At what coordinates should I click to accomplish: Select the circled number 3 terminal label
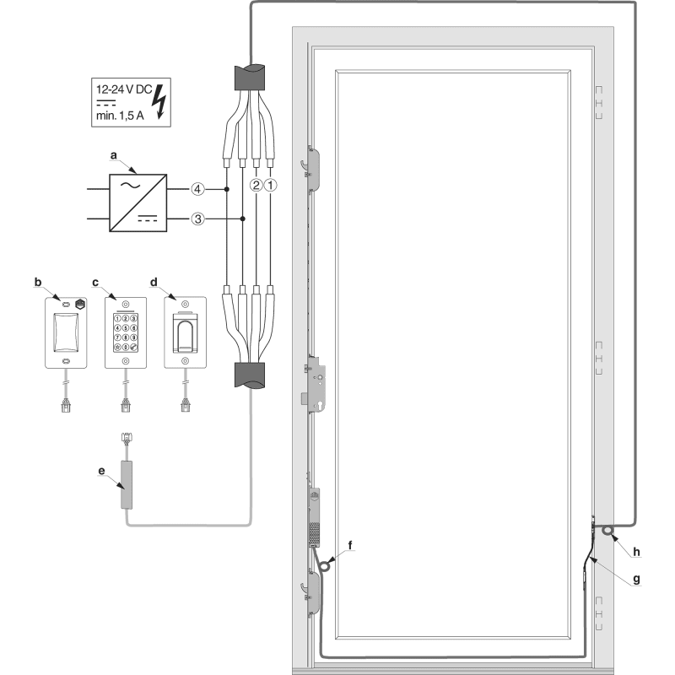click(x=196, y=219)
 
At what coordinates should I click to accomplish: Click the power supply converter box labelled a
click(x=138, y=202)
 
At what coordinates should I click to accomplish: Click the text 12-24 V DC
click(x=125, y=87)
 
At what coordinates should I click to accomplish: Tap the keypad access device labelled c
click(x=125, y=330)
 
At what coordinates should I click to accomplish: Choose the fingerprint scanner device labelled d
click(x=186, y=330)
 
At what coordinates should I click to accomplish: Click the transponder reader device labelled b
click(x=64, y=330)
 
